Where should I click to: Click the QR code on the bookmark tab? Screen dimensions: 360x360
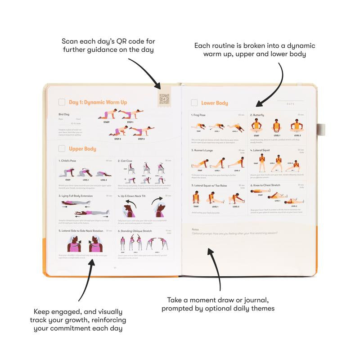click(165, 99)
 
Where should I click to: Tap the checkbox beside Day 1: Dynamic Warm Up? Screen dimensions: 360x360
click(62, 102)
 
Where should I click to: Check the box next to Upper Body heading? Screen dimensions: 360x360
click(62, 148)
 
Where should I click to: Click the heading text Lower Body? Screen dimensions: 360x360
click(215, 103)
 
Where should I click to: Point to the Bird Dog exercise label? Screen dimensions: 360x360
click(64, 114)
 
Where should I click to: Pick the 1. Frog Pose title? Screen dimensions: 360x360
click(199, 115)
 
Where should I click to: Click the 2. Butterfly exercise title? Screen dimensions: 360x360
click(258, 115)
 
